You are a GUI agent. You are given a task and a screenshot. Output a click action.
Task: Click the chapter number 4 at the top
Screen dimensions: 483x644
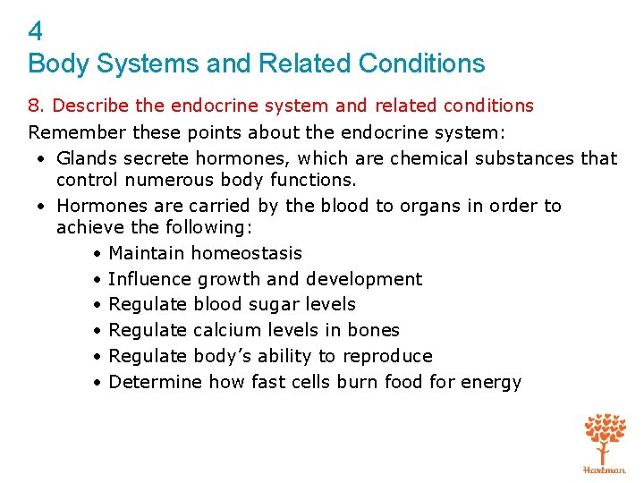35,32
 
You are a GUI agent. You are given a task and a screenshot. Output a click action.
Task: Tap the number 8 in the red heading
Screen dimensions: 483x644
34,106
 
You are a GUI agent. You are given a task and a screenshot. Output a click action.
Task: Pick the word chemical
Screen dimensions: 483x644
425,158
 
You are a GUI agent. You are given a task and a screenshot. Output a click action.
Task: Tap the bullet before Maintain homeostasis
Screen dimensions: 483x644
96,254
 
